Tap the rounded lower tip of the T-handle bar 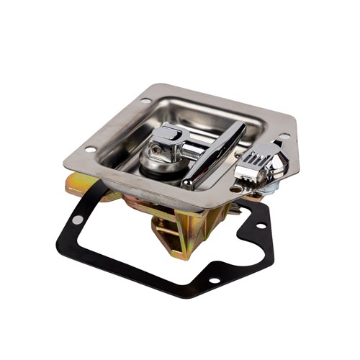pos(188,184)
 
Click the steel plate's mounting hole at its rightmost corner pos(286,135)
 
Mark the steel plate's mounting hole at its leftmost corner pos(91,150)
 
